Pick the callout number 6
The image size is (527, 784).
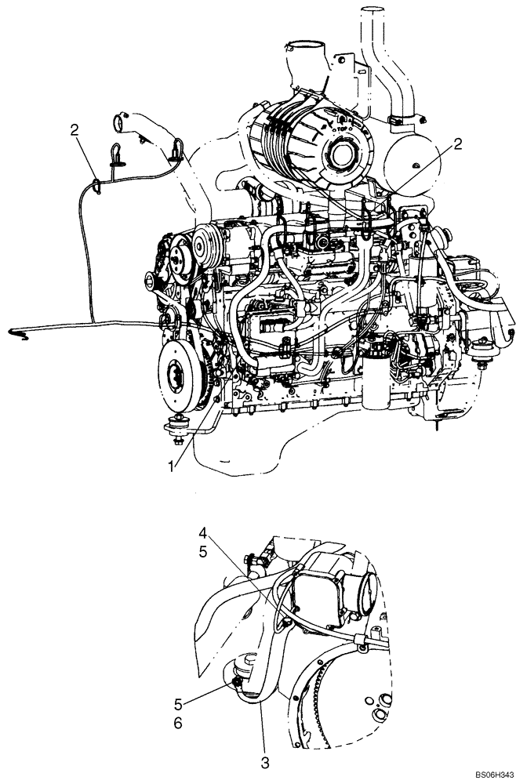tap(177, 724)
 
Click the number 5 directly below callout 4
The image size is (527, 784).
tap(202, 553)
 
